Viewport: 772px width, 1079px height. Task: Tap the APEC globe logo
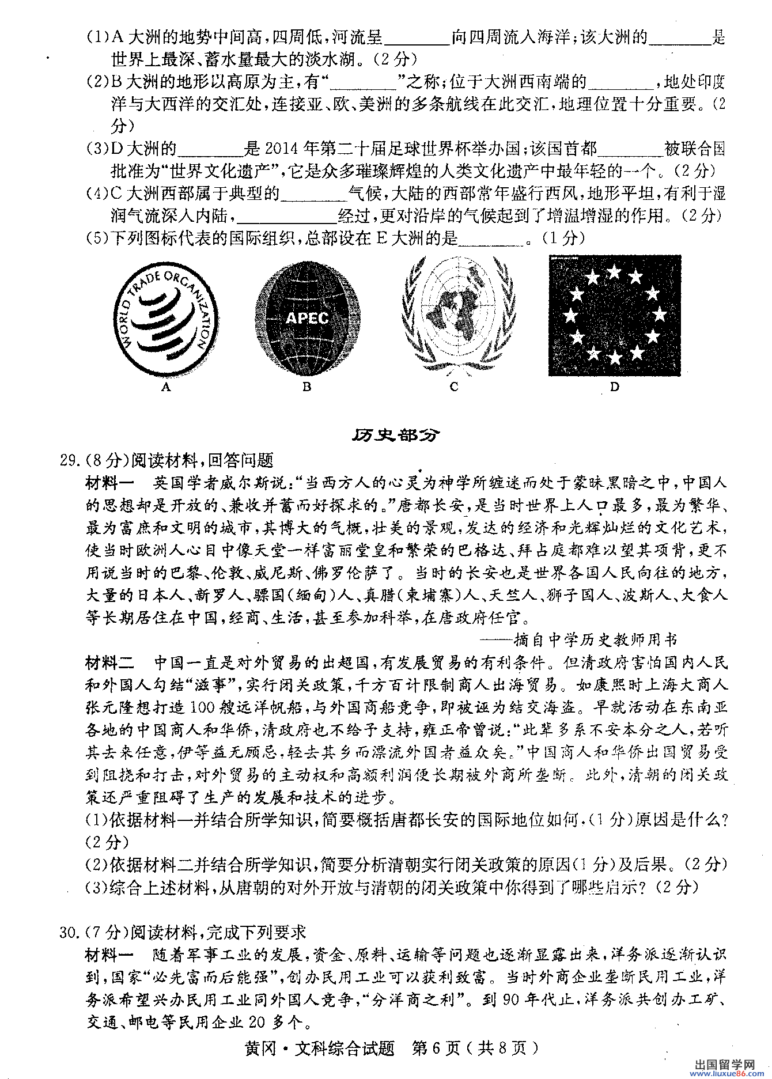coord(308,317)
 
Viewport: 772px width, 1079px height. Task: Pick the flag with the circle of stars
coord(614,316)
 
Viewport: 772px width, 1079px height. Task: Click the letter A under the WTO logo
coord(166,387)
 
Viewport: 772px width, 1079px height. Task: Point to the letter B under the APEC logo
coord(306,387)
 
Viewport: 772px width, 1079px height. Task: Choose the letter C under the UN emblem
coord(454,387)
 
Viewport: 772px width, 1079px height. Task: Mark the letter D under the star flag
coord(614,387)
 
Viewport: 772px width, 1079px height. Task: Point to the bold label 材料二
coord(109,663)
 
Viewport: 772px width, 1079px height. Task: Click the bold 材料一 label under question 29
coord(109,483)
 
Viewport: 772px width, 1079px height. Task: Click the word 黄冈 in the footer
coord(262,1047)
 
